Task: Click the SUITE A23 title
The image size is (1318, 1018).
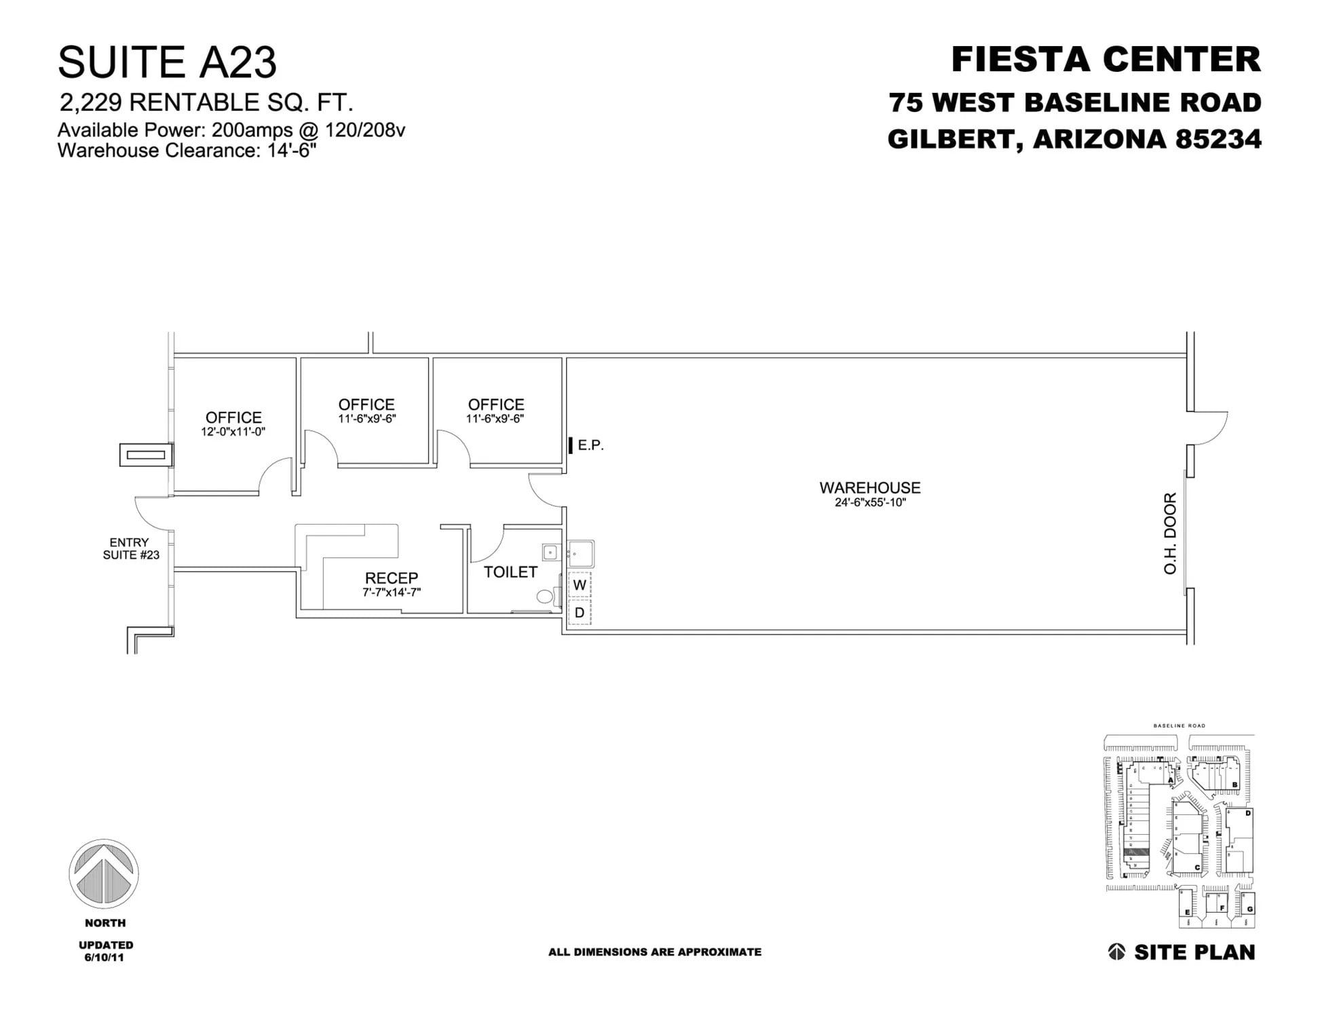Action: (x=167, y=62)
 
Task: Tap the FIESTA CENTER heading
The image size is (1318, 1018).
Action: (x=1106, y=60)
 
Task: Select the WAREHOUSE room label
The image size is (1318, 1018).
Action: (x=869, y=488)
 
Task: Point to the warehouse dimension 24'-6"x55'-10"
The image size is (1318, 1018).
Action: (x=869, y=503)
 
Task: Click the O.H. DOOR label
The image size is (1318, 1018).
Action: (x=1170, y=533)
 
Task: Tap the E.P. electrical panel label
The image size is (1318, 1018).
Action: (x=590, y=445)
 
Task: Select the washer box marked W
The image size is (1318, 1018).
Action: (x=580, y=585)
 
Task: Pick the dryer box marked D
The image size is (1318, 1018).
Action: (x=580, y=613)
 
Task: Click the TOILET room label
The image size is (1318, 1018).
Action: (x=510, y=572)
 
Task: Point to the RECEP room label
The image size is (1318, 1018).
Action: (x=392, y=578)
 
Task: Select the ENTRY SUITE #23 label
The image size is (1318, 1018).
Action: (x=130, y=549)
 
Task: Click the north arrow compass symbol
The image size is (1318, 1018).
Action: (x=104, y=874)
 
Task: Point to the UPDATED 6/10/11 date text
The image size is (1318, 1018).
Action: (x=105, y=951)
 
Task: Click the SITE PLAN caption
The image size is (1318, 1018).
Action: (x=1194, y=952)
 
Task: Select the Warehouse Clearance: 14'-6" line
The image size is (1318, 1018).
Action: (x=187, y=151)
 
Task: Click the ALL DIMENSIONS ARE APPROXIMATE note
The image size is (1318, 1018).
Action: (x=654, y=952)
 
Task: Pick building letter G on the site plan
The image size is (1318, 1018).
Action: (x=1249, y=909)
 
